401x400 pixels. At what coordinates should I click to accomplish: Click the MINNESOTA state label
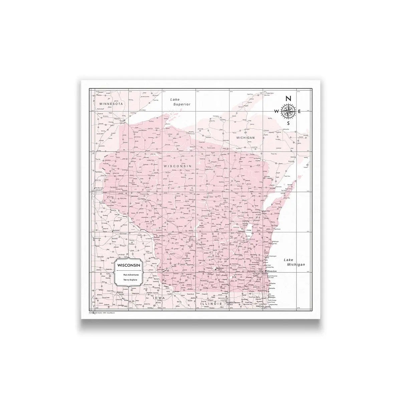[112, 104]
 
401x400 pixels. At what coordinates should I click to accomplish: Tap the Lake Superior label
[180, 102]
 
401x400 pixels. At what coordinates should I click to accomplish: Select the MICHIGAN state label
[245, 137]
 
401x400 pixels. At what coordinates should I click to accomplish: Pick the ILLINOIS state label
[211, 304]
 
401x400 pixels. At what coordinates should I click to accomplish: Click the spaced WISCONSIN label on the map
[177, 166]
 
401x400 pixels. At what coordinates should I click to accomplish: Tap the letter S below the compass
[288, 123]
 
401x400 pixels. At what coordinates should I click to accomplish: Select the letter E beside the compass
[299, 111]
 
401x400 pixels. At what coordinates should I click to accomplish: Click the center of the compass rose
[288, 111]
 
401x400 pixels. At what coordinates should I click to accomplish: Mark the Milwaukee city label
[272, 272]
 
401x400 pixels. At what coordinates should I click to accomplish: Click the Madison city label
[220, 268]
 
